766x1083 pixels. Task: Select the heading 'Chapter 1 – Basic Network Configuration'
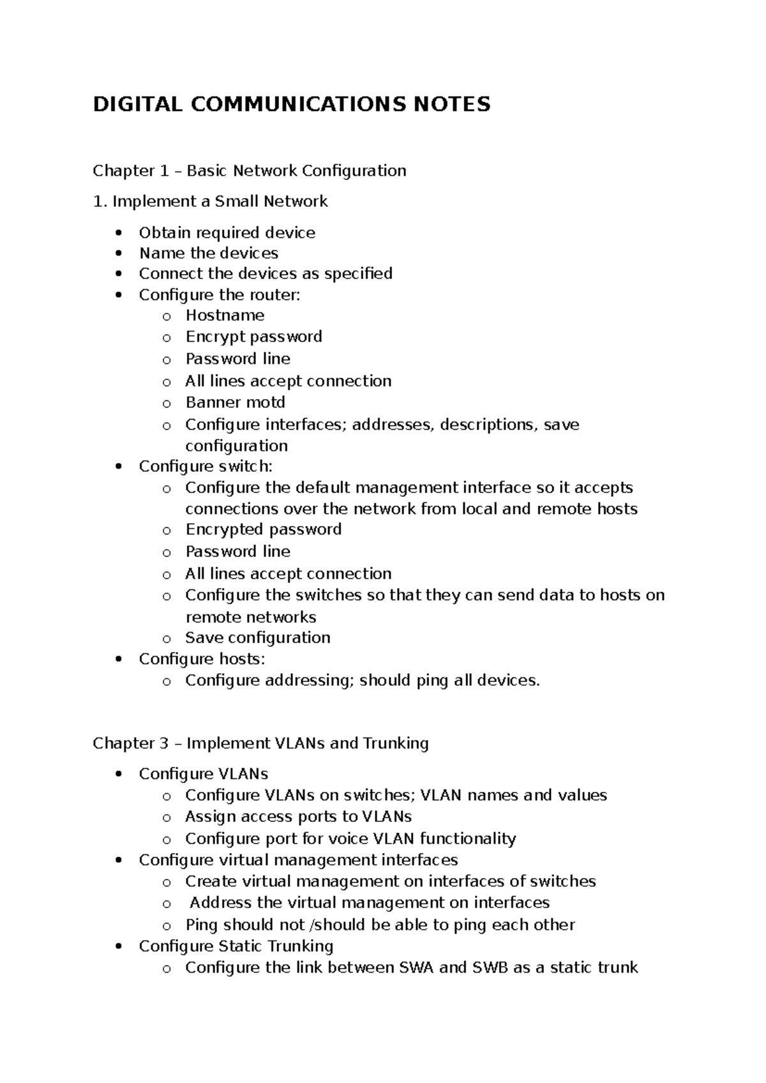coord(249,170)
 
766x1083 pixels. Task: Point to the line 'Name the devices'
coord(209,253)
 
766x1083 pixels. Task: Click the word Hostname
coord(225,315)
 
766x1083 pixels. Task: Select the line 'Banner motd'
coord(235,402)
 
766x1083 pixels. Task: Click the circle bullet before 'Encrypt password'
coord(167,338)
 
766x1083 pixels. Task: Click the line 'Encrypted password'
coord(263,529)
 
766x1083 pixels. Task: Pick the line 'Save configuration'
coord(257,638)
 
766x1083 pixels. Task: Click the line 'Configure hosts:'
coord(202,659)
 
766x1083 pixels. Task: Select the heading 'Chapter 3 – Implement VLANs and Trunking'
coord(260,743)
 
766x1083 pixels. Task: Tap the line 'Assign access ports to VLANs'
coord(298,817)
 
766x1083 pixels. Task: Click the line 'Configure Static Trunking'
coord(236,946)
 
